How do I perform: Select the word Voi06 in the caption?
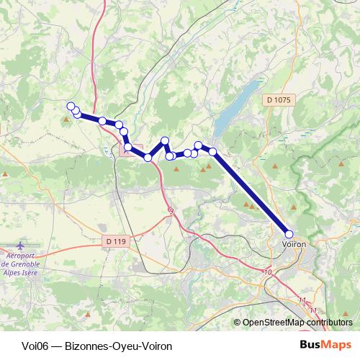point(28,345)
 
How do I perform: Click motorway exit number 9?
point(171,210)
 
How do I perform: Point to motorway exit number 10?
point(268,272)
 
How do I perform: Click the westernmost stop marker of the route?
point(71,107)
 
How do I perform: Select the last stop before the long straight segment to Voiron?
point(212,150)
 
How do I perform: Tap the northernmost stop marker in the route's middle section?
point(165,140)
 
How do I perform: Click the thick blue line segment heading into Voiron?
point(252,193)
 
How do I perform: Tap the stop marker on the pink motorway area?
point(128,148)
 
